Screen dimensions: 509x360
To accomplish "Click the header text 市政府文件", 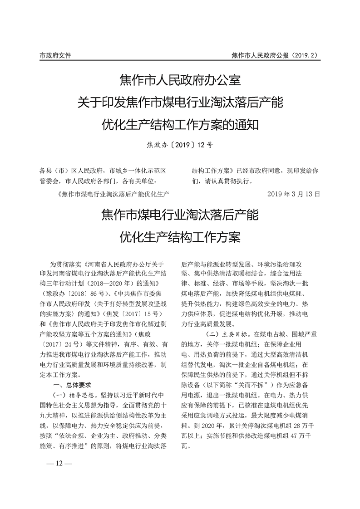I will click(55, 55).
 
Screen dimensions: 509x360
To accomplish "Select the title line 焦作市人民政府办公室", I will click(179, 82).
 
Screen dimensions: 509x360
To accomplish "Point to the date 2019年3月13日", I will click(294, 194).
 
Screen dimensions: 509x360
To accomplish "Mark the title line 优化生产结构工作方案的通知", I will click(179, 124).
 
